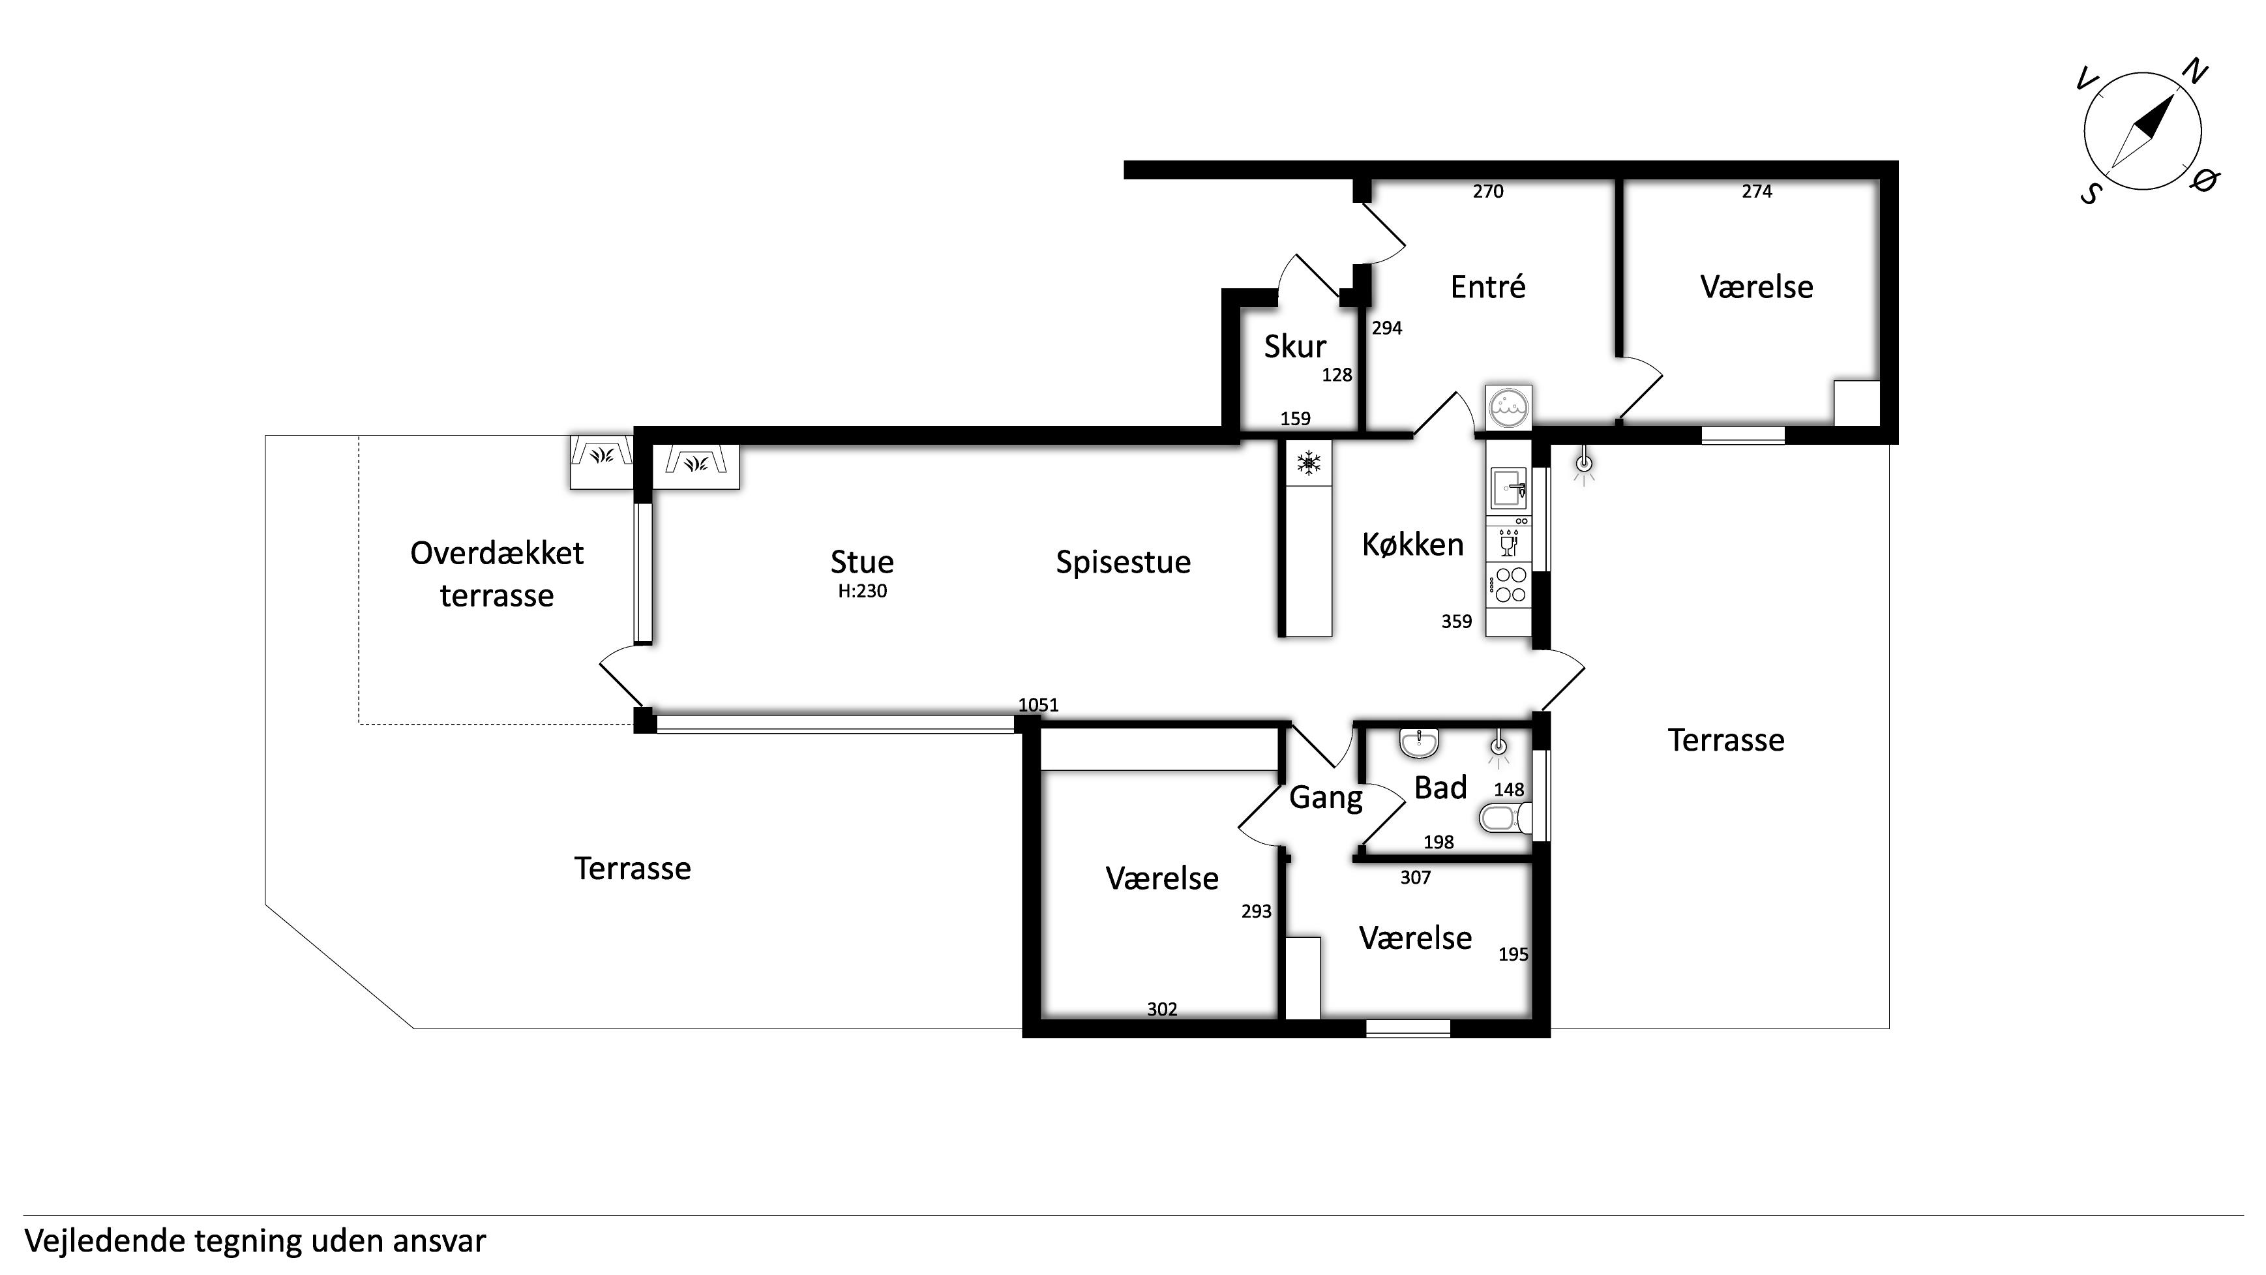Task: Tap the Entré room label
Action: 1487,287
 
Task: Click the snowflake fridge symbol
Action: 1309,463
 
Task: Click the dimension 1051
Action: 1038,705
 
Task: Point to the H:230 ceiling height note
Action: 862,592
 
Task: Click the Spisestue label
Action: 1124,562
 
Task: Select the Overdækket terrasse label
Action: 497,574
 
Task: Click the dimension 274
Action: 1757,191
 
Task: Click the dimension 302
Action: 1162,1010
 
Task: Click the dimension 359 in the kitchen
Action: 1456,622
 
